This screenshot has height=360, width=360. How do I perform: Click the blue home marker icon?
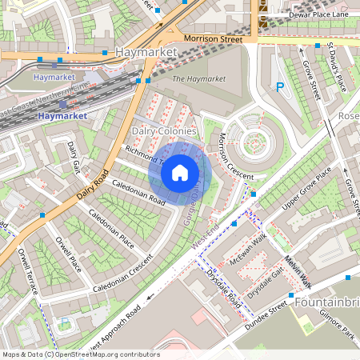click(180, 172)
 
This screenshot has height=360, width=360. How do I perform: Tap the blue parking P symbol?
click(280, 88)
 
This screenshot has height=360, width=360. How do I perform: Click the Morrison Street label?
click(213, 38)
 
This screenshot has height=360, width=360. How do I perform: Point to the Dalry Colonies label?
click(163, 130)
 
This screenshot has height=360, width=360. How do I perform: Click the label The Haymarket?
click(198, 78)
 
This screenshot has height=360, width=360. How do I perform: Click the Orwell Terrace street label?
click(27, 271)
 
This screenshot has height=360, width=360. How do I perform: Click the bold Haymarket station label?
click(61, 116)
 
